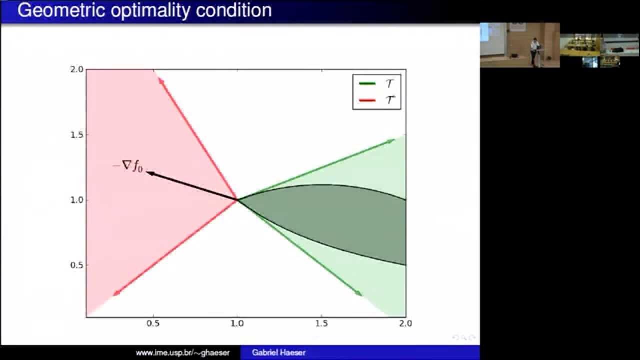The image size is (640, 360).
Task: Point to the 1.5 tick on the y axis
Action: point(76,134)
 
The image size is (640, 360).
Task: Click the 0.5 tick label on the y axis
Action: point(76,265)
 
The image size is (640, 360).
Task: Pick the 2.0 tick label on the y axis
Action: point(76,69)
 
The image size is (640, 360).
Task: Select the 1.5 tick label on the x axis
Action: point(321,323)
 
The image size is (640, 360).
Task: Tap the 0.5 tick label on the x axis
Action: point(153,323)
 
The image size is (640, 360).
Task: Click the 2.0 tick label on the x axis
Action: point(405,323)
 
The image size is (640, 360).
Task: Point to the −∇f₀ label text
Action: point(128,166)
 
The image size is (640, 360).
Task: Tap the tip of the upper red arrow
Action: point(160,79)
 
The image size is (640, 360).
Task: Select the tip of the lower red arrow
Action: point(115,295)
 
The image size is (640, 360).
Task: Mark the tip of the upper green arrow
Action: point(393,140)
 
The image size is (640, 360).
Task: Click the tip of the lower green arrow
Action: point(361,295)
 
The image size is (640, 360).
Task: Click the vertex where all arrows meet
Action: point(237,200)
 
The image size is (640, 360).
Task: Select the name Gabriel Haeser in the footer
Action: point(278,352)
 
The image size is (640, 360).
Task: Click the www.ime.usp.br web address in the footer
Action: point(182,352)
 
